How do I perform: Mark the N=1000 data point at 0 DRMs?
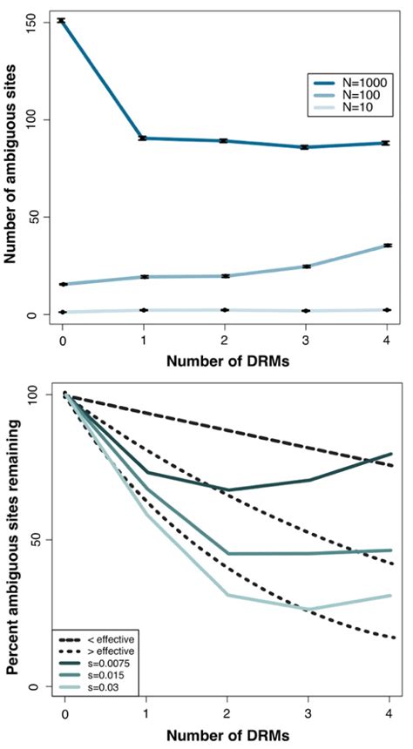(62, 20)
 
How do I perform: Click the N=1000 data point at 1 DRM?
(143, 138)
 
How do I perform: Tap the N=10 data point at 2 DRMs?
(226, 310)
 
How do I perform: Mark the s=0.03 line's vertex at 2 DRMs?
(226, 595)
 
